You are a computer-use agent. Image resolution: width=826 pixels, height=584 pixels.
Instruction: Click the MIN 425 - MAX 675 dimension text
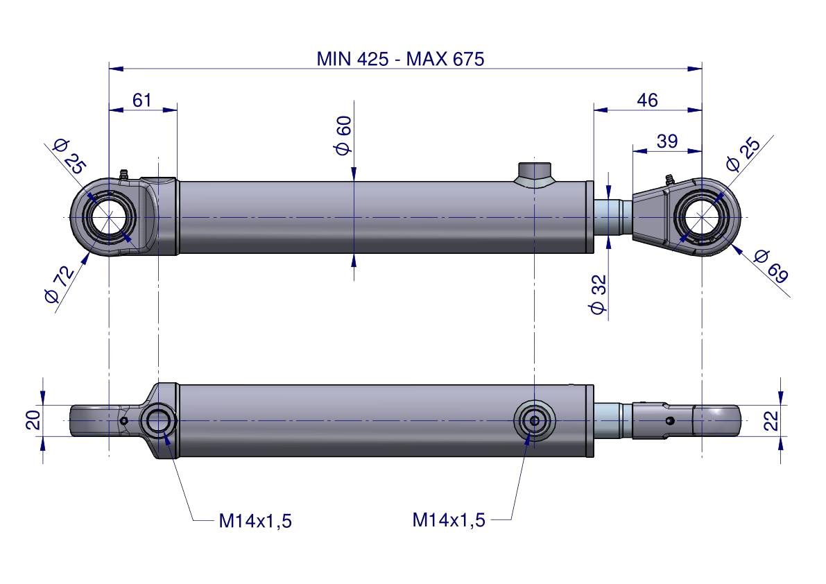[400, 58]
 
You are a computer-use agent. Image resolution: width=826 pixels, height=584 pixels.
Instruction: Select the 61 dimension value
[141, 100]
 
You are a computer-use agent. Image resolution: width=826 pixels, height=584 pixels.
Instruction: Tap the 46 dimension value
[647, 100]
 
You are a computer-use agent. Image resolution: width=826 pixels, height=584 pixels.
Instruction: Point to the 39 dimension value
[666, 141]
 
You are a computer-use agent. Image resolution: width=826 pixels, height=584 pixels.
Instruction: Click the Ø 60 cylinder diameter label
[344, 136]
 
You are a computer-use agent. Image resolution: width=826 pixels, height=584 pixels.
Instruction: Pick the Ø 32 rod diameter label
[599, 295]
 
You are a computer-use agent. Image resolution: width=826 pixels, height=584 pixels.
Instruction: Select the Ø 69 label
[771, 266]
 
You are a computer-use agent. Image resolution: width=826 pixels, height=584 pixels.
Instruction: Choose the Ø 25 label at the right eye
[742, 155]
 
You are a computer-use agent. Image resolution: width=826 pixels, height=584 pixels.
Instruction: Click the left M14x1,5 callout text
[255, 521]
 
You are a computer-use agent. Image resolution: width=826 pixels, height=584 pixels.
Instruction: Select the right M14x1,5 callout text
[449, 519]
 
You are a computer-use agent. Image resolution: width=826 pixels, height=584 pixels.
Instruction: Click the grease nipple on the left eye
[124, 174]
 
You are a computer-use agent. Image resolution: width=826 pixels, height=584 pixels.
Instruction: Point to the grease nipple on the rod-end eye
[669, 180]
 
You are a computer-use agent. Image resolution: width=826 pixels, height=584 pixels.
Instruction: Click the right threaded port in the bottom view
[534, 420]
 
